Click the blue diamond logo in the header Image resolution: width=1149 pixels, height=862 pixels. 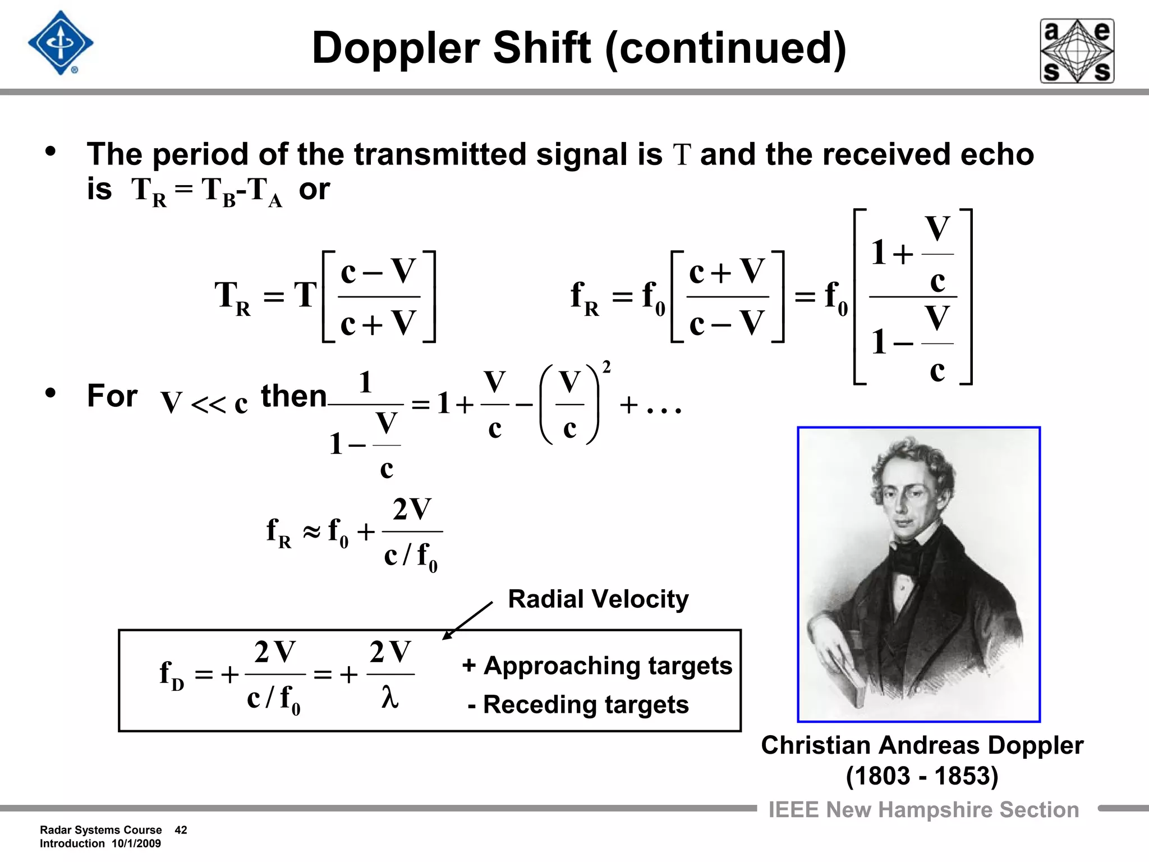pos(61,43)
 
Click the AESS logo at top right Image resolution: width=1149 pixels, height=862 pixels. pos(1077,51)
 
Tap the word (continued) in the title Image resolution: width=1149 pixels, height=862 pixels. pos(725,48)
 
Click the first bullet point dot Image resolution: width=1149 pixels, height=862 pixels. pos(51,152)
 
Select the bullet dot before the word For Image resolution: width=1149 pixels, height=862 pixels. pos(51,393)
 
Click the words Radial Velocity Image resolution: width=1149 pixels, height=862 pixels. pos(598,599)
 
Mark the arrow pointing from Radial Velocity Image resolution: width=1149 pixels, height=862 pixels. pos(467,621)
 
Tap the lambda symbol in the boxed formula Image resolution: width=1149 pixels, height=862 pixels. pos(390,698)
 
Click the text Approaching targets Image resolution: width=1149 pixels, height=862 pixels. pos(607,666)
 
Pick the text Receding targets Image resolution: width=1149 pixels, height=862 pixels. pos(585,705)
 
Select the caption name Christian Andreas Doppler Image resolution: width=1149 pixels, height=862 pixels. pos(922,745)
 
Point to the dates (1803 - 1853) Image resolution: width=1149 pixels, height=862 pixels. pos(922,776)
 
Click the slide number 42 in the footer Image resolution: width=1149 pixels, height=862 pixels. pos(181,830)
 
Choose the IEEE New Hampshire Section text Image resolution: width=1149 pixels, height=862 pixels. pos(923,810)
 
